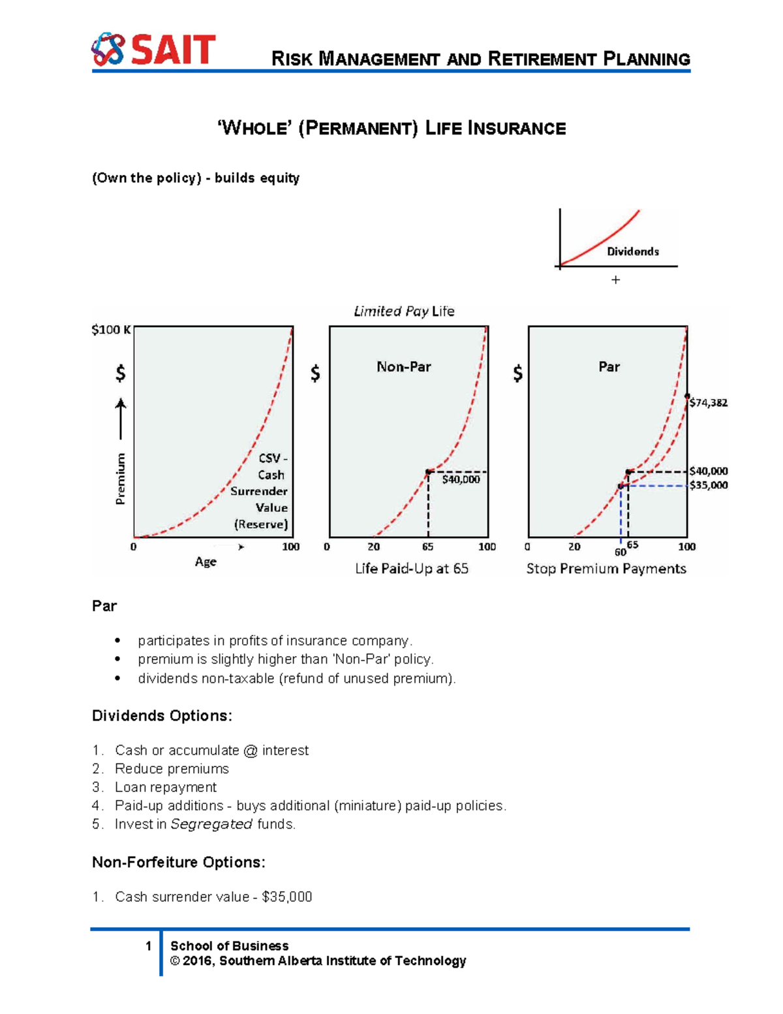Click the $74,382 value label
[709, 403]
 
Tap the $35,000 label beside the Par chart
[709, 485]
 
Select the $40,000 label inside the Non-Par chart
[461, 479]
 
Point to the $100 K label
[111, 330]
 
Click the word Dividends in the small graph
[632, 251]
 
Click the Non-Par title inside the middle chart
[404, 367]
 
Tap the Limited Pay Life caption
[404, 311]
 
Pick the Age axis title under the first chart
[206, 562]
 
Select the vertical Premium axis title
[120, 478]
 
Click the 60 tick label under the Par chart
[620, 552]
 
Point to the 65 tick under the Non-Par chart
[427, 547]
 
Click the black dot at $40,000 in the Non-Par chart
[428, 471]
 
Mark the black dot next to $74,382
[687, 396]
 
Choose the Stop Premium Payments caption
[606, 569]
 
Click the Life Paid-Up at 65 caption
[412, 569]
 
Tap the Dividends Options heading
[162, 716]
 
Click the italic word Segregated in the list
[211, 824]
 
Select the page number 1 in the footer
[149, 945]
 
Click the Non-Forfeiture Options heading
[179, 862]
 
